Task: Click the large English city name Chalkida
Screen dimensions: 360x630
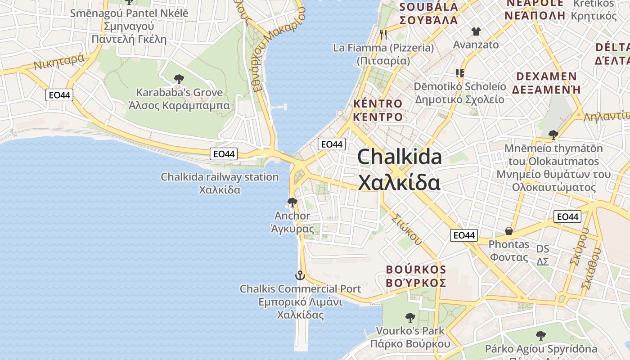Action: click(399, 157)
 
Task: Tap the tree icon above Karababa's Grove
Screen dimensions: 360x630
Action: click(179, 80)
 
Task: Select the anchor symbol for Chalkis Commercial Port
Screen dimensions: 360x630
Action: click(300, 275)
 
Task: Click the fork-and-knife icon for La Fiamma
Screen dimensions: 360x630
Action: click(383, 34)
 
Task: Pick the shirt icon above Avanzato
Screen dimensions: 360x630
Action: click(476, 31)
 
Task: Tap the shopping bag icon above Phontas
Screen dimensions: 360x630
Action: click(509, 231)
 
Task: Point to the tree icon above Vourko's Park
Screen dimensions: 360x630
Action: click(410, 318)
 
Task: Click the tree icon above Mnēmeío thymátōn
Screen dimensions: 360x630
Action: click(553, 135)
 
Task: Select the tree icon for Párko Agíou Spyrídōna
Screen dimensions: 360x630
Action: click(541, 335)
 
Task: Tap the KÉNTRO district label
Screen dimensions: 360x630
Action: click(378, 103)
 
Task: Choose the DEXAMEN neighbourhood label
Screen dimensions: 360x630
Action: click(546, 76)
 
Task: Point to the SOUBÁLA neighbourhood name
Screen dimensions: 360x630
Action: click(428, 7)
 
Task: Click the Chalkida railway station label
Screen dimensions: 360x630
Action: click(220, 177)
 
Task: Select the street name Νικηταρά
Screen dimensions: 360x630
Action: click(58, 62)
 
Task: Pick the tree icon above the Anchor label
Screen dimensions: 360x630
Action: click(292, 202)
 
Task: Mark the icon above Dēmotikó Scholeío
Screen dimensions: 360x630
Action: click(459, 73)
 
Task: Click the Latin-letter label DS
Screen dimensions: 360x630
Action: click(543, 249)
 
